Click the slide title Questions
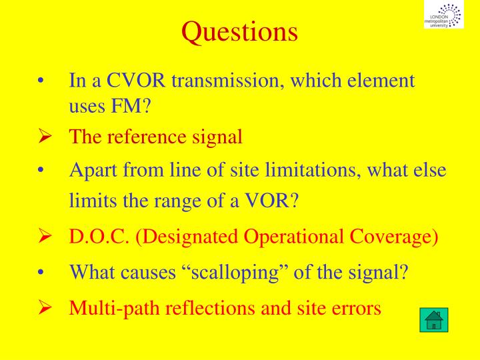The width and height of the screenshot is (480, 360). coord(240,31)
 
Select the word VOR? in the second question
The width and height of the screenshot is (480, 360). coord(269,200)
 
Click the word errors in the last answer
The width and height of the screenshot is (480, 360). coord(357,308)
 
